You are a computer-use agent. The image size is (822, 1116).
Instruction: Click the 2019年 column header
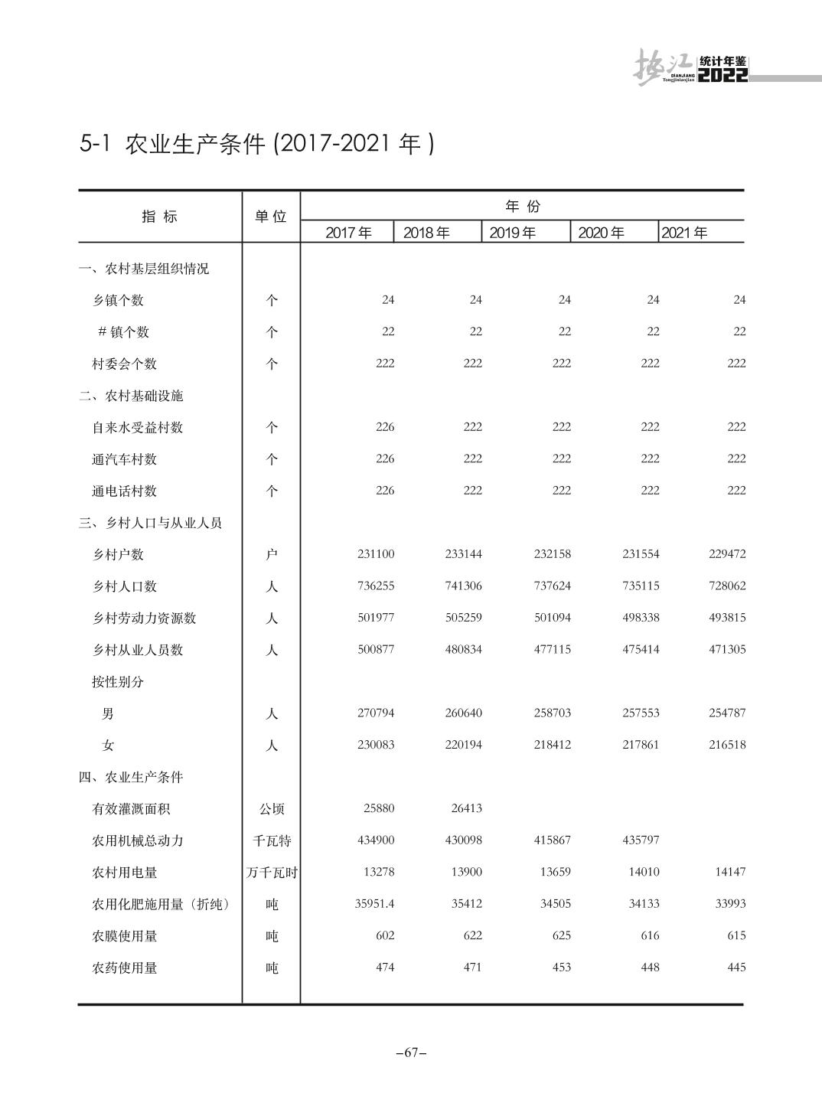pos(512,233)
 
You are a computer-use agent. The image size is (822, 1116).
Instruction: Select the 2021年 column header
pos(684,233)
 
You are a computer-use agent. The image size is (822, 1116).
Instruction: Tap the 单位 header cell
pos(271,217)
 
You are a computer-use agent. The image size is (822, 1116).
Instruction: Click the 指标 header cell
pos(159,217)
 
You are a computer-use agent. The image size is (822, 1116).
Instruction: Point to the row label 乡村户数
pos(118,555)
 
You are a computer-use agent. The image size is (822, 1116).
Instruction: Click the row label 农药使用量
pos(125,968)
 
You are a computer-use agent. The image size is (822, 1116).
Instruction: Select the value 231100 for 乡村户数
pos(376,554)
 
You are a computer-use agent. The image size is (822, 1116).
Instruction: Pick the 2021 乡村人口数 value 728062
pos(726,586)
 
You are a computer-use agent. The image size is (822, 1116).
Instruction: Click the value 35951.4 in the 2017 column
pos(374,904)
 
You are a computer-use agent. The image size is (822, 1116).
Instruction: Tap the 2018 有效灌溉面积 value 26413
pos(463,808)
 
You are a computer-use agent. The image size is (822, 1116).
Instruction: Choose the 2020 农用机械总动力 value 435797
pos(641,840)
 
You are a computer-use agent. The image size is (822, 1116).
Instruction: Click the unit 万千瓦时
pos(271,873)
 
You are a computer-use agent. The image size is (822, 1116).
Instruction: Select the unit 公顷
pos(271,809)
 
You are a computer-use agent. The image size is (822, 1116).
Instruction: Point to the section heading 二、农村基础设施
pos(131,396)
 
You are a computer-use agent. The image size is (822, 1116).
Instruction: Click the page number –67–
pos(411,1052)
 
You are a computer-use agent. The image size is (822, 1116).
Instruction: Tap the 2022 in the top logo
pos(723,75)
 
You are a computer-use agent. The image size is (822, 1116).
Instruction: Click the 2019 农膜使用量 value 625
pos(561,935)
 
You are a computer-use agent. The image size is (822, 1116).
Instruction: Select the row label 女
pos(108,746)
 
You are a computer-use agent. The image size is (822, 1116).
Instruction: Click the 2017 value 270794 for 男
pos(376,713)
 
